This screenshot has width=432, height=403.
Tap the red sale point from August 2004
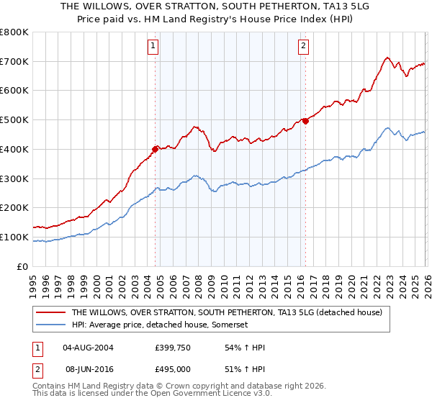coord(155,150)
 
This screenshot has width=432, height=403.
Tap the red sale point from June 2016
coord(305,121)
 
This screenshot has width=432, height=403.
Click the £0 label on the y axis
coord(22,266)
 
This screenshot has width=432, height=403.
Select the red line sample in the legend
coord(50,312)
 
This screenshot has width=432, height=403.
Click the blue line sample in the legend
coord(50,325)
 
